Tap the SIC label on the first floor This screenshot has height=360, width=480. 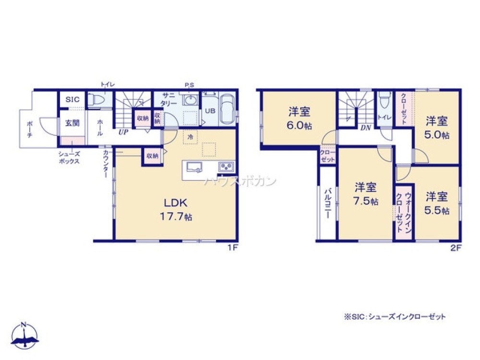[x=72, y=100]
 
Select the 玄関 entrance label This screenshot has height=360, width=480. [x=72, y=123]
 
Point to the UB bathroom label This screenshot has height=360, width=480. [x=210, y=110]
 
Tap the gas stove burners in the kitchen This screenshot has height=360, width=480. [x=226, y=167]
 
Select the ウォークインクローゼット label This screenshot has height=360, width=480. [x=404, y=211]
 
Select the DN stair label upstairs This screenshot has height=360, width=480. [x=364, y=128]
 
